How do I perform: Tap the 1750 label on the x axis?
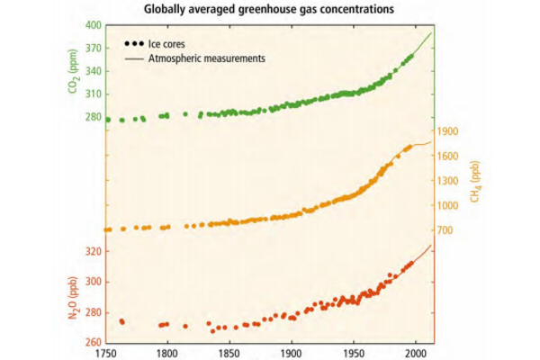[105, 354]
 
